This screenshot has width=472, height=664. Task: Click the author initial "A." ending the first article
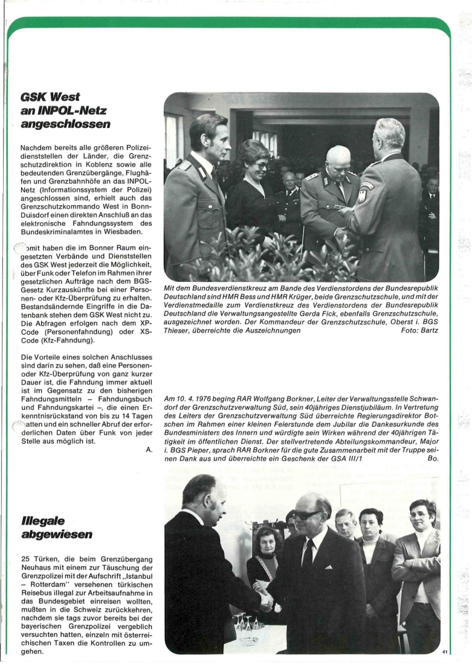pos(148,449)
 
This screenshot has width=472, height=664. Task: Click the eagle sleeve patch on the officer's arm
pos(362,195)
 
